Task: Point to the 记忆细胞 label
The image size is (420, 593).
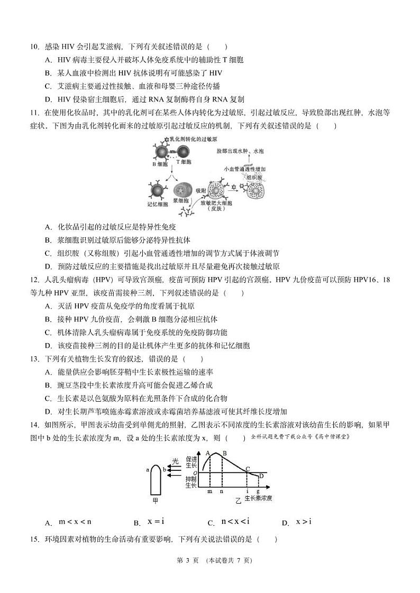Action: (157, 204)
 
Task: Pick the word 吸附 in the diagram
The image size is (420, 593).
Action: (200, 190)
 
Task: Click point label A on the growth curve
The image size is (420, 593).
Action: (208, 452)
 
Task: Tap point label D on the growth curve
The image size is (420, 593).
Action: (261, 476)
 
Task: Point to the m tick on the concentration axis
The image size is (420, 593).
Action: (209, 492)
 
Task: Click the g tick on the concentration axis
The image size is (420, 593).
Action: (258, 492)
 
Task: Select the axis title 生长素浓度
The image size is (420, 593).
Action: (258, 499)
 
